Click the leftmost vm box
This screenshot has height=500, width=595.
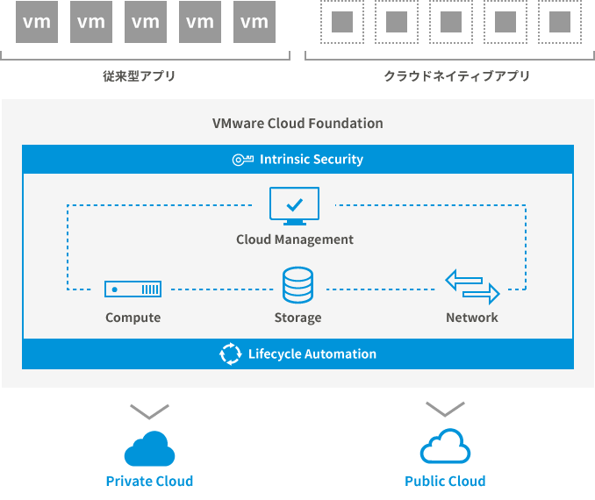pyautogui.click(x=37, y=22)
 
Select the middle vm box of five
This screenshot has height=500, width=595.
pyautogui.click(x=145, y=22)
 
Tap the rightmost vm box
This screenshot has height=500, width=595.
pyautogui.click(x=254, y=22)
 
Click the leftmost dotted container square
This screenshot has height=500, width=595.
pyautogui.click(x=342, y=22)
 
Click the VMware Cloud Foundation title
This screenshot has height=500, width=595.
pyautogui.click(x=297, y=123)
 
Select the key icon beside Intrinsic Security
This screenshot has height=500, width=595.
pyautogui.click(x=242, y=160)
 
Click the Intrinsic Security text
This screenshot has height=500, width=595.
pyautogui.click(x=311, y=160)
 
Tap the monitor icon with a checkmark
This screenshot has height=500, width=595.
pyautogui.click(x=294, y=206)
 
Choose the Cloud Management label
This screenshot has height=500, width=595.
pyautogui.click(x=295, y=239)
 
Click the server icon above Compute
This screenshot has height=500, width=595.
pyautogui.click(x=133, y=289)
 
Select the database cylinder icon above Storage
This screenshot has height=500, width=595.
pyautogui.click(x=297, y=286)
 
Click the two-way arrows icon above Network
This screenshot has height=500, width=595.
pyautogui.click(x=472, y=287)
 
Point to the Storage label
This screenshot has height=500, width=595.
pyautogui.click(x=297, y=318)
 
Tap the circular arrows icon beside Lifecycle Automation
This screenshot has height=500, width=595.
pyautogui.click(x=230, y=354)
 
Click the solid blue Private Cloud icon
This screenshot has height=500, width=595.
pyautogui.click(x=149, y=448)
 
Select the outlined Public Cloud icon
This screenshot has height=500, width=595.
pyautogui.click(x=445, y=448)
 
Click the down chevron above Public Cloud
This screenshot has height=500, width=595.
pyautogui.click(x=445, y=409)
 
